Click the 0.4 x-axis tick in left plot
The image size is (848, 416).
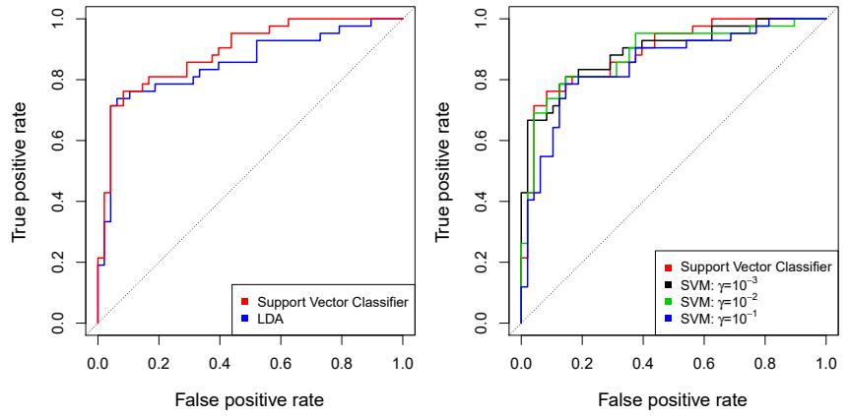(220, 363)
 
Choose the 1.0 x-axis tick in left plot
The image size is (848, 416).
(403, 363)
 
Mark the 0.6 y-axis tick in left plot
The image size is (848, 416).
(57, 140)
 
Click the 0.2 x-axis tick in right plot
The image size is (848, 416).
(582, 363)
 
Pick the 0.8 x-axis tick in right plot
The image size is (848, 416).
(764, 363)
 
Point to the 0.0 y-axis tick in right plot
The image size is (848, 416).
(481, 323)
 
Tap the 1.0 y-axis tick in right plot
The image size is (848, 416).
(481, 19)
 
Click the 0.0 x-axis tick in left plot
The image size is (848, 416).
(98, 363)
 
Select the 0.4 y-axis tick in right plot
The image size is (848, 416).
(481, 201)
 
